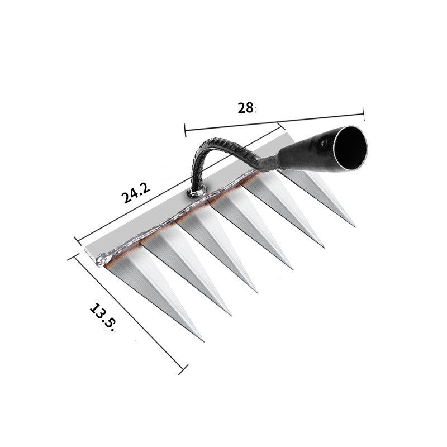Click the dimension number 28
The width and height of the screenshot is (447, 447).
[245, 108]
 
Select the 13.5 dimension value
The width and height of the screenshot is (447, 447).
[101, 317]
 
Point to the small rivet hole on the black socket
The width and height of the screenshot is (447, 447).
[322, 144]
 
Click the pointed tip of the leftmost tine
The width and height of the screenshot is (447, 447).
[203, 340]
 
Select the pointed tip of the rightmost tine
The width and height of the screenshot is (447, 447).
[355, 226]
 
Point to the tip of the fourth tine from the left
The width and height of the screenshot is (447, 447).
[292, 269]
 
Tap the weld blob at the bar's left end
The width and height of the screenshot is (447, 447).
[102, 260]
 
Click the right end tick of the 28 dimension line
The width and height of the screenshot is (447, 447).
[364, 113]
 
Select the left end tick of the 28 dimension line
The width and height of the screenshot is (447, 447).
[185, 130]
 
